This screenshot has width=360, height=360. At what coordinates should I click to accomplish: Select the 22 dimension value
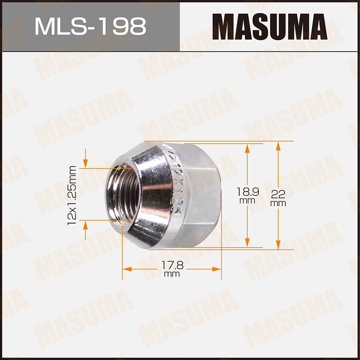point(278,194)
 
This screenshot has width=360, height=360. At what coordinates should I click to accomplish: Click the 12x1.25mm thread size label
point(72,195)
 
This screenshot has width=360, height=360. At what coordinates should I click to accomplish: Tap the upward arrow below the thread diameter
point(85,225)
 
